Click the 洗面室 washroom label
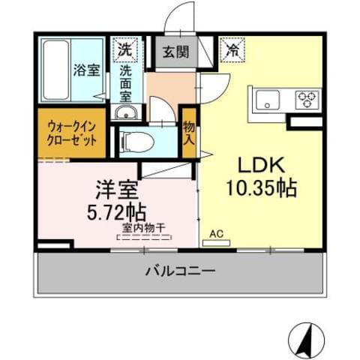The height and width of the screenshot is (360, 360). (x=125, y=83)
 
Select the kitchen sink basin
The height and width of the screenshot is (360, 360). (x=268, y=98)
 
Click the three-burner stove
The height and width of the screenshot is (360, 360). (x=307, y=98)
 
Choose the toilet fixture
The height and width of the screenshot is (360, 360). (x=138, y=141)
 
